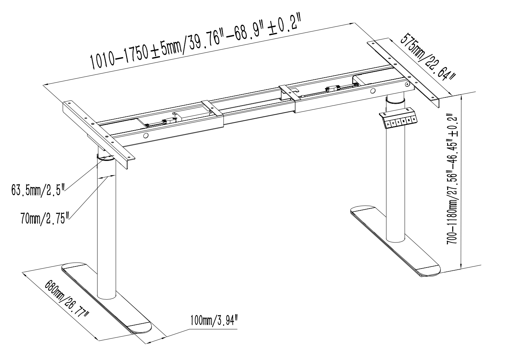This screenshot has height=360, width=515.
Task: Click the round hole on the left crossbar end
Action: pyautogui.click(x=146, y=136)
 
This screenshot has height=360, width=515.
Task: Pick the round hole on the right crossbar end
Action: pyautogui.click(x=373, y=91)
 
